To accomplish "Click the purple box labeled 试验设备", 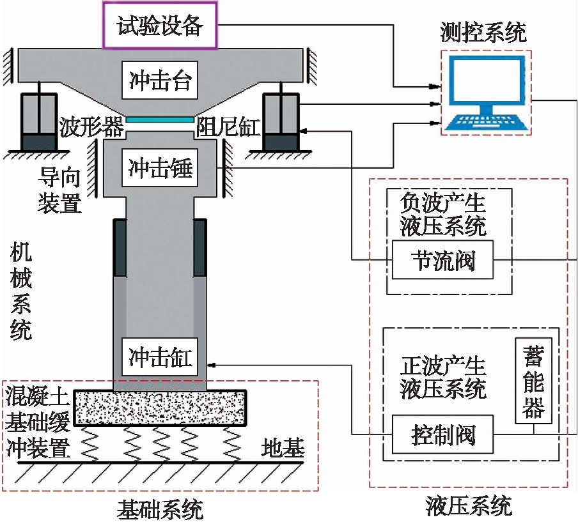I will pos(160,25).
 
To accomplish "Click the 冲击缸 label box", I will pos(160,356).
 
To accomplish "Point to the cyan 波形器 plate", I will pos(160,119).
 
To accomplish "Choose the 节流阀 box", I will pos(443,260).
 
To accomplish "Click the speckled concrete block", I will pos(160,408).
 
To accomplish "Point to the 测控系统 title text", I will pos(483,31).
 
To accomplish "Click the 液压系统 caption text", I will pos(469,507).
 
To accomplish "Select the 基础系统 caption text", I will pos(160,509).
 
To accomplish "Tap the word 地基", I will pos(282,449).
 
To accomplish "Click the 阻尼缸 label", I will pos(228,127).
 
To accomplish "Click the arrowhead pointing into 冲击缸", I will pos(212,365).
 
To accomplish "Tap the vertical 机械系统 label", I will pos(21,292).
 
